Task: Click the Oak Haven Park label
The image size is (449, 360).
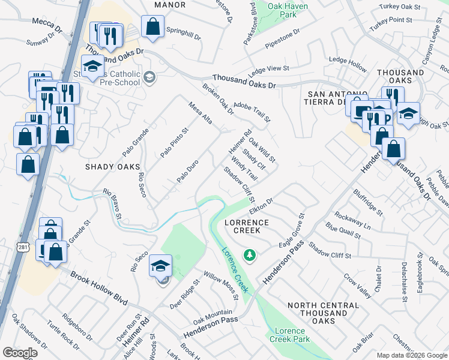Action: tap(282, 10)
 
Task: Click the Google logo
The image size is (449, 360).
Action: tap(20, 353)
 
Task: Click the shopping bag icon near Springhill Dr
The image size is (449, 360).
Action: tap(152, 26)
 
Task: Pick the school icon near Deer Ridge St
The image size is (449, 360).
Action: tap(161, 265)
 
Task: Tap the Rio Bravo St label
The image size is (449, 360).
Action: tap(113, 203)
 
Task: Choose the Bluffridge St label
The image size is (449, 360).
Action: tap(368, 201)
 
